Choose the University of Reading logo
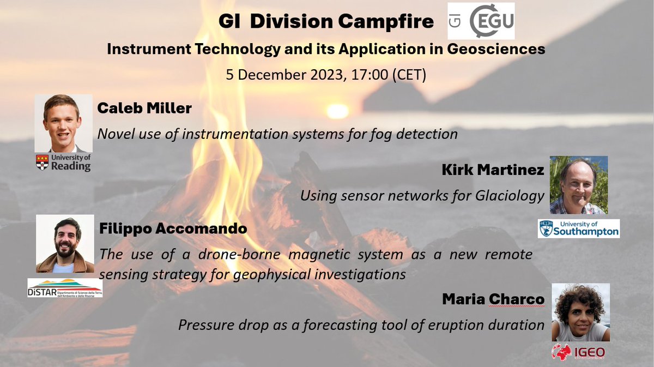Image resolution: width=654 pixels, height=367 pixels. [x=63, y=163]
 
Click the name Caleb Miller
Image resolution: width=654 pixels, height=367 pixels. [x=144, y=109]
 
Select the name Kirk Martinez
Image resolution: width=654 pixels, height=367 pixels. [x=493, y=171]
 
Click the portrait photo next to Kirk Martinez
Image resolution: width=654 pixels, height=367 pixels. [x=578, y=185]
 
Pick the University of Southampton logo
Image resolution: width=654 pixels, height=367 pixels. [x=579, y=228]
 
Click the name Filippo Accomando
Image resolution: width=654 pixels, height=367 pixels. [x=173, y=229]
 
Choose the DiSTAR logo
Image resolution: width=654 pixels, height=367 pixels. [x=65, y=288]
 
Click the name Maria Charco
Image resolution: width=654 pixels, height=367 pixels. [x=493, y=299]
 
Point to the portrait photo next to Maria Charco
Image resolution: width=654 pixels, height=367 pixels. [x=580, y=312]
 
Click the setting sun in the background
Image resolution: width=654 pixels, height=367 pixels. [x=337, y=111]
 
